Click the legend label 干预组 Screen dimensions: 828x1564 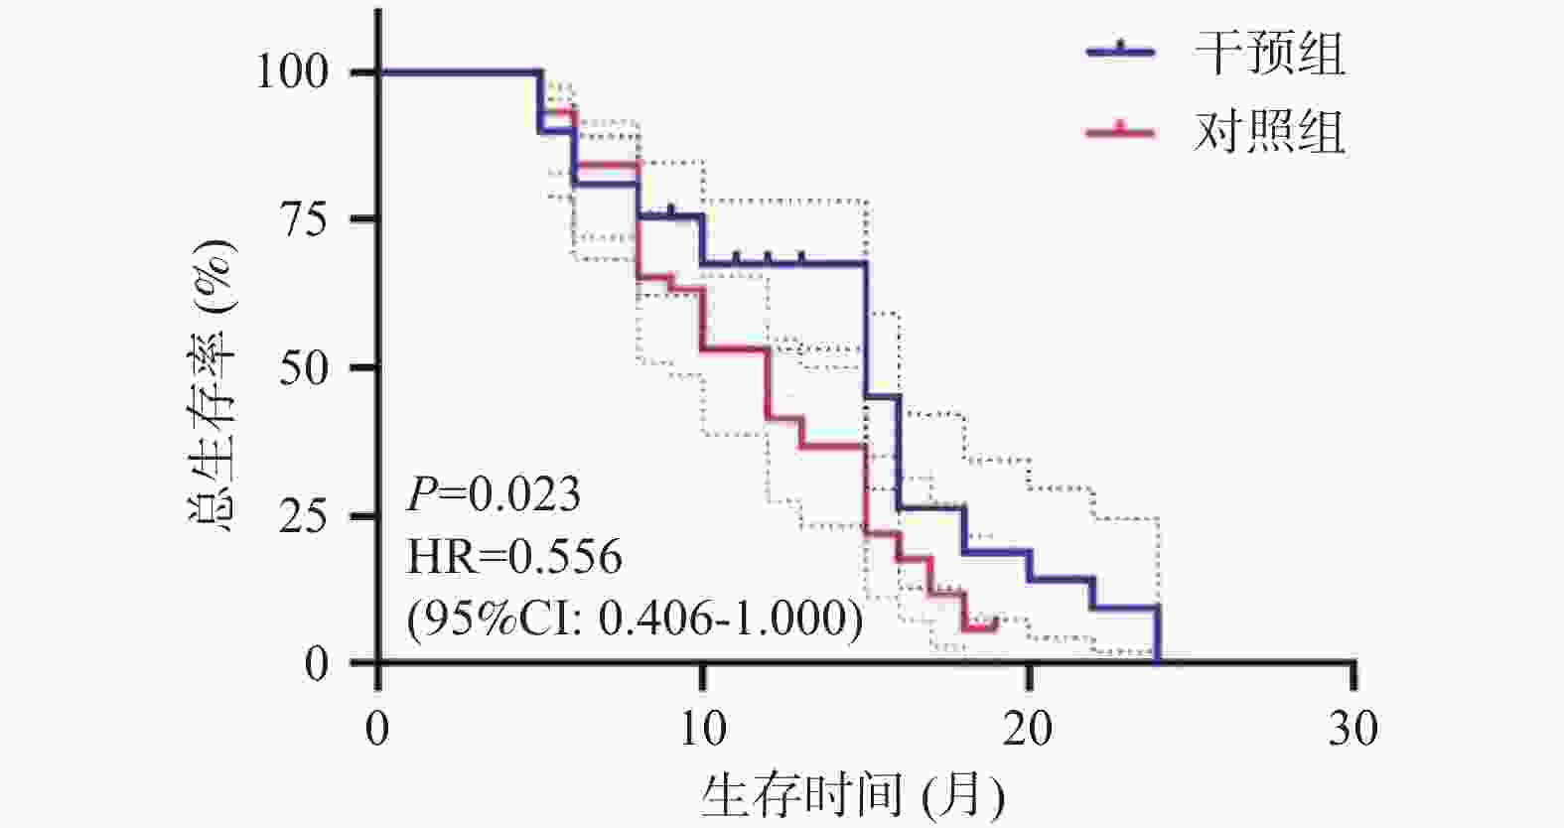1269,53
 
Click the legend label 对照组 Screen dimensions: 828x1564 1269,131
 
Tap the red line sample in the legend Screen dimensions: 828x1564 1121,131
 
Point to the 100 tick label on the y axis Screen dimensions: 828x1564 292,72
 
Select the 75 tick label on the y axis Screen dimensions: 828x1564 303,219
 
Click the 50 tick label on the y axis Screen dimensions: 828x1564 303,368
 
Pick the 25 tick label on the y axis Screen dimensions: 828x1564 303,516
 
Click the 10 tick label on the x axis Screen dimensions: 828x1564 702,730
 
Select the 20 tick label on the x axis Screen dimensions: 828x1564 1028,730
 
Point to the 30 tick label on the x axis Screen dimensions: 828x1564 1353,730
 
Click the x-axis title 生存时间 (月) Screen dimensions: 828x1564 852,795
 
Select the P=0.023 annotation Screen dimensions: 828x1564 494,493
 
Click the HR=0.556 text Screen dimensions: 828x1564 514,556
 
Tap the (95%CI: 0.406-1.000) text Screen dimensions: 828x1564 635,619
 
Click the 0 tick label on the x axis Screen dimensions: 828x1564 377,730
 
